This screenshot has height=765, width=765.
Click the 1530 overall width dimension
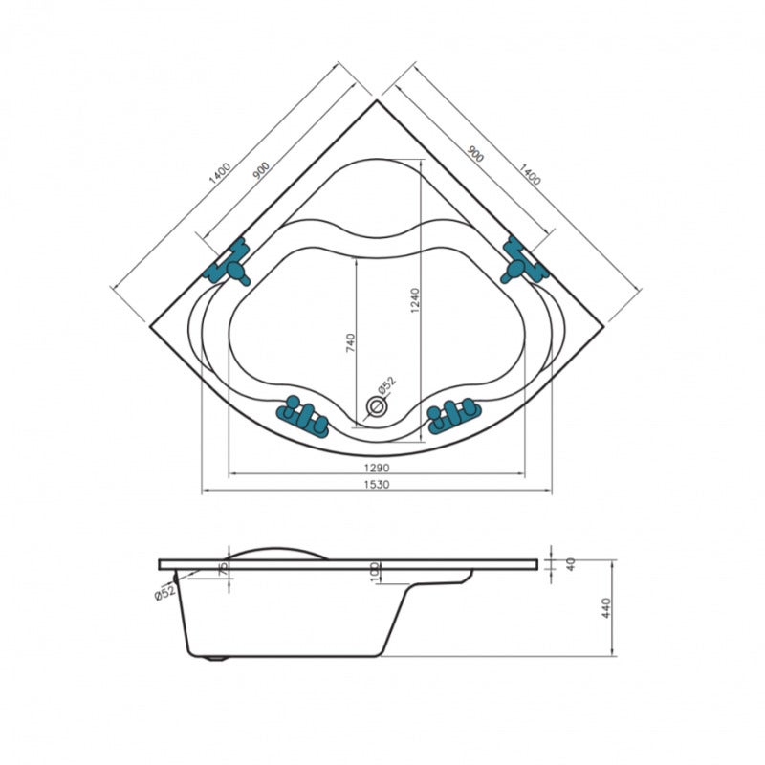pyautogui.click(x=377, y=485)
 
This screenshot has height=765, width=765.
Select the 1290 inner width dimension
pyautogui.click(x=377, y=468)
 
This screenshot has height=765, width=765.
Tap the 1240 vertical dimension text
pyautogui.click(x=415, y=300)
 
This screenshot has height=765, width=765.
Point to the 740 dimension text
pyautogui.click(x=350, y=343)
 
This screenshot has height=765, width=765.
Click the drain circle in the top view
pyautogui.click(x=376, y=405)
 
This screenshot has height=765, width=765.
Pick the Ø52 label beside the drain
pyautogui.click(x=387, y=384)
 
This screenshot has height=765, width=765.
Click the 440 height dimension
pyautogui.click(x=606, y=608)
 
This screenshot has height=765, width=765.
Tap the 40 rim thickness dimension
pyautogui.click(x=570, y=564)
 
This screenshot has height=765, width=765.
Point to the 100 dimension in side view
pyautogui.click(x=375, y=572)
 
